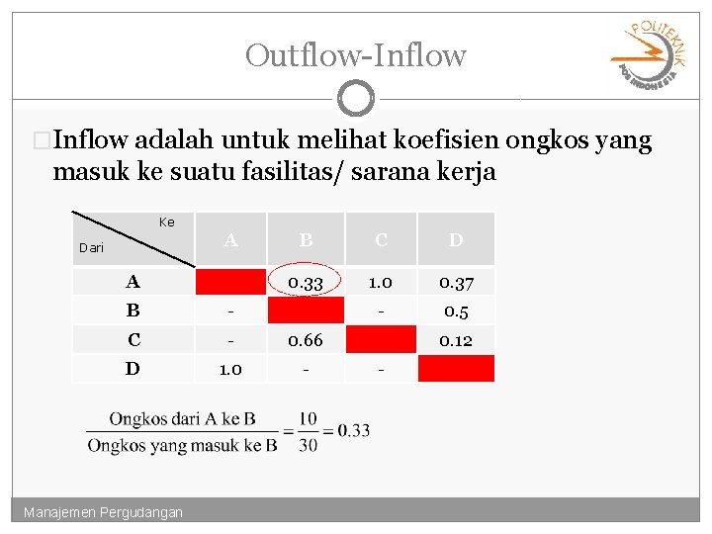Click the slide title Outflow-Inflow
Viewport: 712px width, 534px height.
point(355,54)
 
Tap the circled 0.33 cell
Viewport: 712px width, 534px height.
point(306,283)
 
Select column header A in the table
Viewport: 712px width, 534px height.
point(230,239)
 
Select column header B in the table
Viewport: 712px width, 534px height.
point(306,239)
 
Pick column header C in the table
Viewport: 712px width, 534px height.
point(380,239)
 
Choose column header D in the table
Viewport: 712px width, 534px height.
point(455,239)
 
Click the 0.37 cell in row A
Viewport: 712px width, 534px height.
point(455,283)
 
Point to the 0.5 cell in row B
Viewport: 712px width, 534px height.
point(455,311)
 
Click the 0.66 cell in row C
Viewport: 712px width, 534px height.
point(306,339)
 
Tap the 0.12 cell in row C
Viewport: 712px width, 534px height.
point(455,339)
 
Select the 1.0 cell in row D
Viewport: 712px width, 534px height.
point(230,368)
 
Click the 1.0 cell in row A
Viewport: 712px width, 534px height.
point(380,283)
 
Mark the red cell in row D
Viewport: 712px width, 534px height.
point(455,368)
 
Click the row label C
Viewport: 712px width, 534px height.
point(133,339)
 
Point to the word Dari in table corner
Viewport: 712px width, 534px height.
point(91,248)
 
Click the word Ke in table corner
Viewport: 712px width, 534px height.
point(166,222)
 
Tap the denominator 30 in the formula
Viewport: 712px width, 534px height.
point(308,445)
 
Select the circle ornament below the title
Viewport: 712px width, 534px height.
point(355,99)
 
